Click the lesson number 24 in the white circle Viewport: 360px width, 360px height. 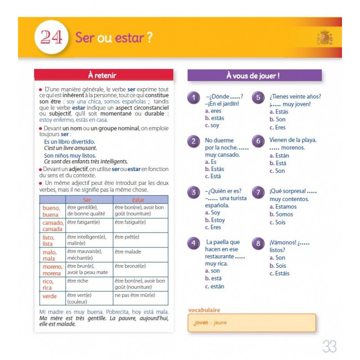51,37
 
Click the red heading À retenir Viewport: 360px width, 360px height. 104,75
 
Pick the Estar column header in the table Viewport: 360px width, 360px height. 139,200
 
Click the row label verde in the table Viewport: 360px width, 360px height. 49,297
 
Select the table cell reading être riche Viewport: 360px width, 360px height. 77,281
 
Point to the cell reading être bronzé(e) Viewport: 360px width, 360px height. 131,266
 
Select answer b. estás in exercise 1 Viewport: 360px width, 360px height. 214,118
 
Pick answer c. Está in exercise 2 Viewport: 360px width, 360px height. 214,176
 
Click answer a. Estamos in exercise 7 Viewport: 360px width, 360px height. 283,207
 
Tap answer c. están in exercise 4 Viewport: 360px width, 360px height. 214,286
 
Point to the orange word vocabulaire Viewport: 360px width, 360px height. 204,310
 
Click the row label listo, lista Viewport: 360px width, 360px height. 49,240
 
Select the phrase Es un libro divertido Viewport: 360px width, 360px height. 69,142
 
